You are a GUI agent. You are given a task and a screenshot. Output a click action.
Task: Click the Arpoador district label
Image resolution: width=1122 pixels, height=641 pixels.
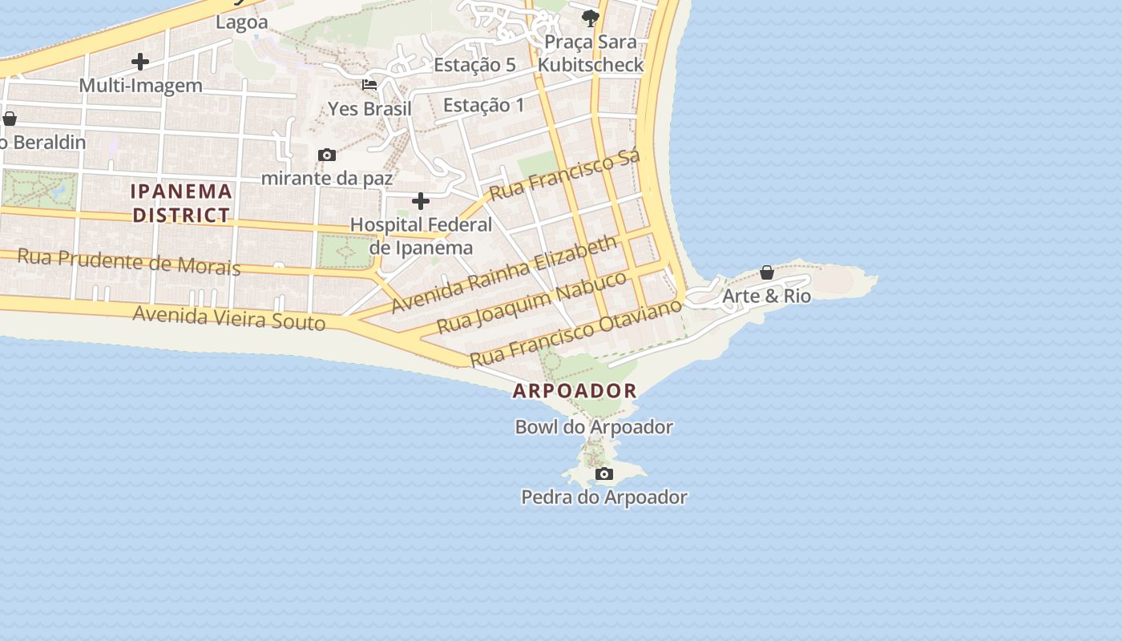tap(575, 391)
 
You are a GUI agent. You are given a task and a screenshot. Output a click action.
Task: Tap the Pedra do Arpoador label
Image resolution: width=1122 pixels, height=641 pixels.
tap(604, 498)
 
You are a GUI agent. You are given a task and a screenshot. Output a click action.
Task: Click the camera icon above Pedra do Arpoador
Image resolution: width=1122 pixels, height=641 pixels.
tap(604, 474)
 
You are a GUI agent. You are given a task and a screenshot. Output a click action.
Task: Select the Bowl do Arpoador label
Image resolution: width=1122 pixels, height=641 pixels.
tap(594, 427)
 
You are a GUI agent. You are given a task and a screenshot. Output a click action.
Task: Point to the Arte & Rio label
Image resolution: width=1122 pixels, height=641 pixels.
tap(766, 296)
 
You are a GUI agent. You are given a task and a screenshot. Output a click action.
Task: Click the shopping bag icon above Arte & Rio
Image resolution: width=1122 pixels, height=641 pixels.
tap(767, 272)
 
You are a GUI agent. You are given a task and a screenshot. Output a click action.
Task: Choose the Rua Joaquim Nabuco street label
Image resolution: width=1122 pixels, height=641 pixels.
tap(532, 302)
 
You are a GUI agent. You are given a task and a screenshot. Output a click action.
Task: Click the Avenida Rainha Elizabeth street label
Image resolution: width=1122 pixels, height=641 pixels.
tap(505, 272)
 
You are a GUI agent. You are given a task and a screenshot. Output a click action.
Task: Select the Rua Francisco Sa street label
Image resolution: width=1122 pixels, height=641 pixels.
tap(565, 174)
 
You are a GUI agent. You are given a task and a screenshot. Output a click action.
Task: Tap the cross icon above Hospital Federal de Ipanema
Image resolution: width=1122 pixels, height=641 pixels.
tap(421, 201)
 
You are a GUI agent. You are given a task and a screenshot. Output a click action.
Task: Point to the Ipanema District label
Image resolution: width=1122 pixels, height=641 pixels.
tap(182, 203)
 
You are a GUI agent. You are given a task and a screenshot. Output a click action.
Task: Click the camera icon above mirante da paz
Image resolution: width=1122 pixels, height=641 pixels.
tap(327, 155)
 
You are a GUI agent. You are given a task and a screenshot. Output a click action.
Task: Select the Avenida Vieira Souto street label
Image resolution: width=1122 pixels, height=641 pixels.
tap(229, 317)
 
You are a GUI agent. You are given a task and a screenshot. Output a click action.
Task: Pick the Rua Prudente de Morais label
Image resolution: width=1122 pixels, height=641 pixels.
tap(128, 261)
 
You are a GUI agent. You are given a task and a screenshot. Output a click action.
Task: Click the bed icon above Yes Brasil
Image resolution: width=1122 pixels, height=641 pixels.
tap(369, 84)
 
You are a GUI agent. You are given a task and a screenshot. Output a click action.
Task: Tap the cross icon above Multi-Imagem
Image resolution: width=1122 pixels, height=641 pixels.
tap(140, 62)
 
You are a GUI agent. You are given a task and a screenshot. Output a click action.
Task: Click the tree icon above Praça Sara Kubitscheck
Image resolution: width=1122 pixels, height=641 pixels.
tap(591, 18)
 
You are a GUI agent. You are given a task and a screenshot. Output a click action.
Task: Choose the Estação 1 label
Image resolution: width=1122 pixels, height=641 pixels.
tap(483, 105)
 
